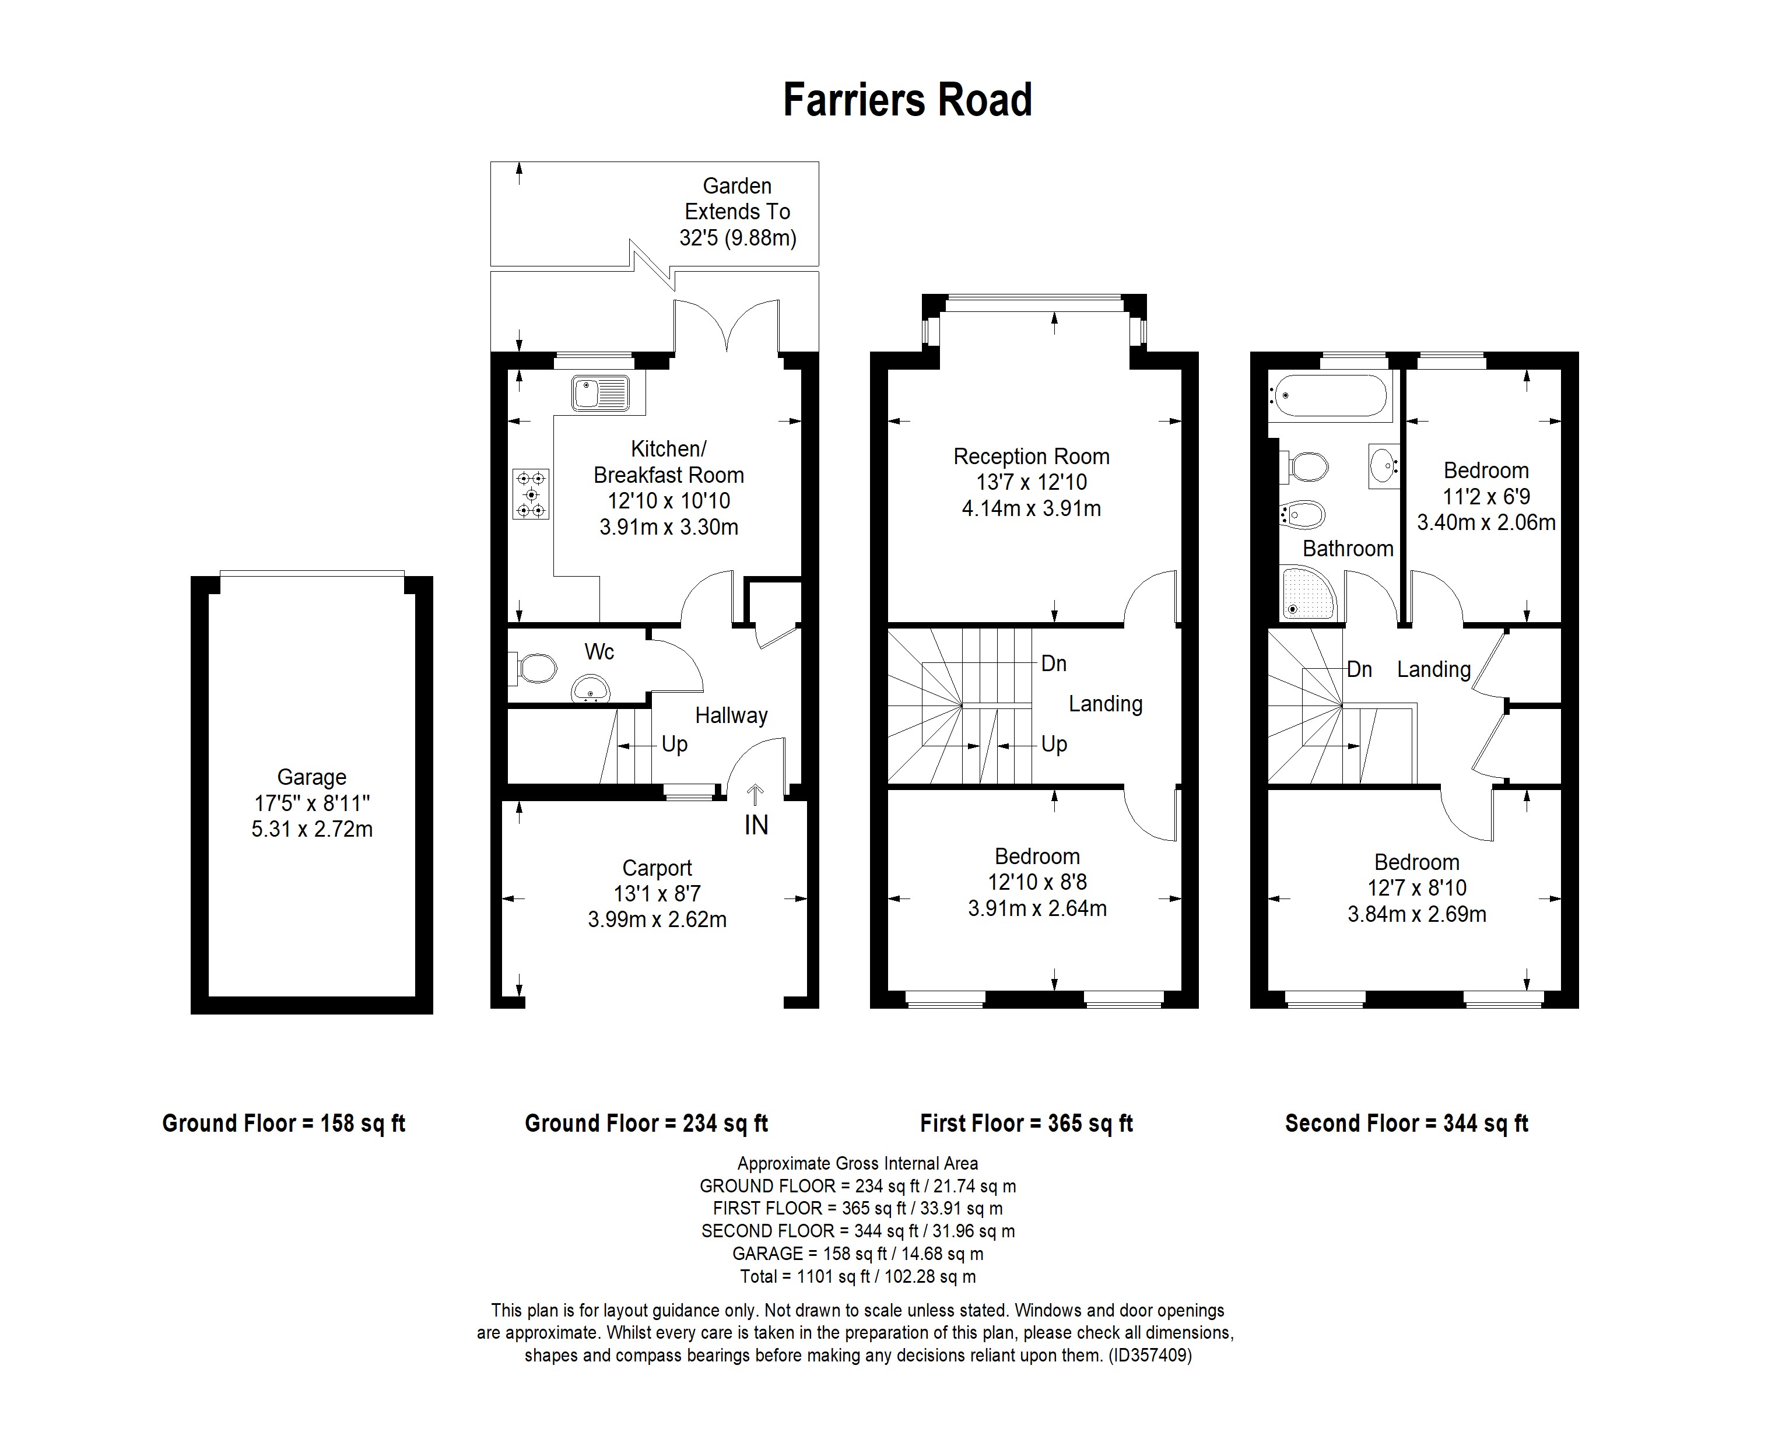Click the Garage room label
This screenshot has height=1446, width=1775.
click(x=311, y=777)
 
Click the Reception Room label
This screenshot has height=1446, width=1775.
click(x=1031, y=457)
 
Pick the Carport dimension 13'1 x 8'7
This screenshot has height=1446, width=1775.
click(x=657, y=894)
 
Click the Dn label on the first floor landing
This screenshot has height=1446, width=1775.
click(x=1054, y=664)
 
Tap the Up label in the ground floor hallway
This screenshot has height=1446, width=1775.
click(x=674, y=744)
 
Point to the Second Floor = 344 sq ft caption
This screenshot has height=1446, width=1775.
click(x=1406, y=1124)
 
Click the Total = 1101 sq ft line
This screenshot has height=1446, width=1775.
click(x=858, y=1276)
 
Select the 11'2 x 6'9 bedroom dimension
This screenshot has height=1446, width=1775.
click(x=1486, y=496)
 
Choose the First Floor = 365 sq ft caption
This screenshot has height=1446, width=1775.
click(x=1026, y=1124)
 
